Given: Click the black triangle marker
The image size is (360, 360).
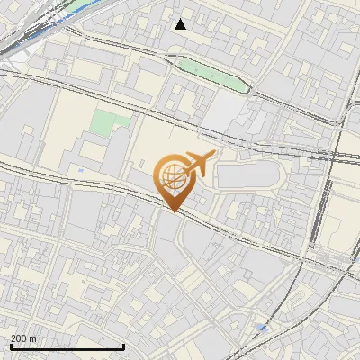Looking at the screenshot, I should point(181,24).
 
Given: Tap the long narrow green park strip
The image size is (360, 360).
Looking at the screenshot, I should point(212,74).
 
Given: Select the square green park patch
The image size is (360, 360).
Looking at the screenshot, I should point(109,122).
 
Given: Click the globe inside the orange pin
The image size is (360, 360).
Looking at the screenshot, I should point(173,177).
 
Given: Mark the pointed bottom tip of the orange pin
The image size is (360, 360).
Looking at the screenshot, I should point(173,211).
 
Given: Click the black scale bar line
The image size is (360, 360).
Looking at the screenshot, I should point(67,346).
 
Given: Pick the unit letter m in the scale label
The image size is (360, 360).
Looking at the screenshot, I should point(33,338).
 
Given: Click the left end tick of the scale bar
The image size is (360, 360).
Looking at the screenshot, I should point(10,346).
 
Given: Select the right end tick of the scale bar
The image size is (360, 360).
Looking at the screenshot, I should point(123,346).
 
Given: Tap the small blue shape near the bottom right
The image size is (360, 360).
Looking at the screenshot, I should point(261,327).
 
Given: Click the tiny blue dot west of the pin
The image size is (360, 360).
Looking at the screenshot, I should point(81,169).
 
